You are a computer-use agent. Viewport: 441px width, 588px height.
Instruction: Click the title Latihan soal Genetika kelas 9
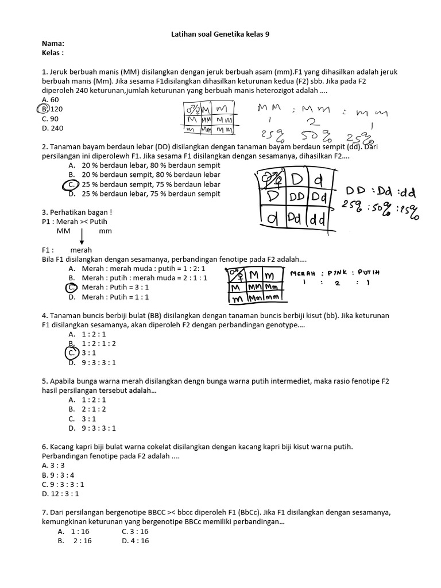click(x=220, y=34)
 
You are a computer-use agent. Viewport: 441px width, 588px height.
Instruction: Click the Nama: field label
click(x=53, y=44)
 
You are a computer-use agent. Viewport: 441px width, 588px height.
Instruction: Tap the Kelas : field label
click(x=53, y=53)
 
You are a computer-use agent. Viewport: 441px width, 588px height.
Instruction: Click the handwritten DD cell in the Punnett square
click(x=297, y=196)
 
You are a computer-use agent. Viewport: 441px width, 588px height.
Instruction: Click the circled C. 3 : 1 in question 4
click(x=77, y=353)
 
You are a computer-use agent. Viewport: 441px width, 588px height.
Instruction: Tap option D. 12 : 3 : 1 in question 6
click(x=60, y=493)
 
